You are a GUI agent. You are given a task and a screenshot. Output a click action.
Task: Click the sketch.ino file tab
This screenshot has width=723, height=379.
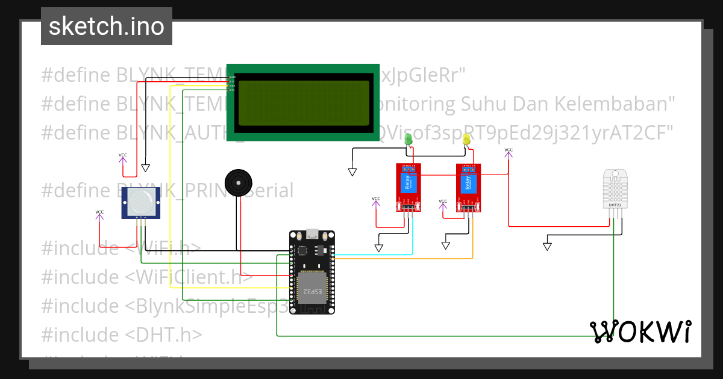[107, 26]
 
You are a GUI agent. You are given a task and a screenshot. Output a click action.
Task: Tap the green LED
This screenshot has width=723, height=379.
[408, 140]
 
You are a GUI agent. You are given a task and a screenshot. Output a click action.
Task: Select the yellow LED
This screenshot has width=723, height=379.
[466, 140]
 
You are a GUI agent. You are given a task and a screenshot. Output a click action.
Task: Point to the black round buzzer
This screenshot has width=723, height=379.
[237, 182]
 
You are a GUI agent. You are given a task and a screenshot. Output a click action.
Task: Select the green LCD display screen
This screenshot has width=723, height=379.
[303, 103]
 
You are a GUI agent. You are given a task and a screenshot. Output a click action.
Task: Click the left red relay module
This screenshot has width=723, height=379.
[408, 187]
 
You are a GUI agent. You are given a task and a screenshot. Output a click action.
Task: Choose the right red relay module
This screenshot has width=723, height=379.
[469, 187]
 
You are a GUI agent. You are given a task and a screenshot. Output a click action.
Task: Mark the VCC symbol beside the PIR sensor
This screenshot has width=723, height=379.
[99, 214]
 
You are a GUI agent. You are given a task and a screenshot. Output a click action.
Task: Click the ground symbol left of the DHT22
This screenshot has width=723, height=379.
[547, 246]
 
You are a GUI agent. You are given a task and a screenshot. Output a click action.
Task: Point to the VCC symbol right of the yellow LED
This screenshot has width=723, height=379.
[509, 152]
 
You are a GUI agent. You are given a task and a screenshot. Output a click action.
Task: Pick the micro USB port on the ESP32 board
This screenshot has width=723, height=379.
[312, 233]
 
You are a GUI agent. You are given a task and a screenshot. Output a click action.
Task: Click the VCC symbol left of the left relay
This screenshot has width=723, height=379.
[376, 201]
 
